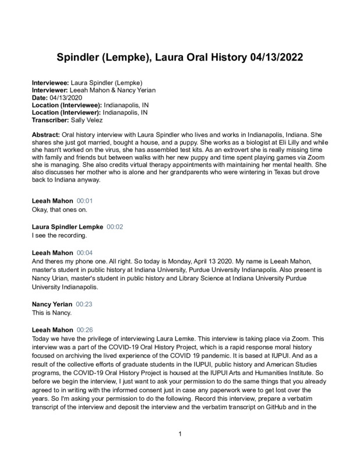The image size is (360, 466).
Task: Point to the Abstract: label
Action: pos(46,135)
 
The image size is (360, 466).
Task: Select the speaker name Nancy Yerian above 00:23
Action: pos(52,305)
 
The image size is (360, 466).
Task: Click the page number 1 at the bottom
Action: pos(181,435)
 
